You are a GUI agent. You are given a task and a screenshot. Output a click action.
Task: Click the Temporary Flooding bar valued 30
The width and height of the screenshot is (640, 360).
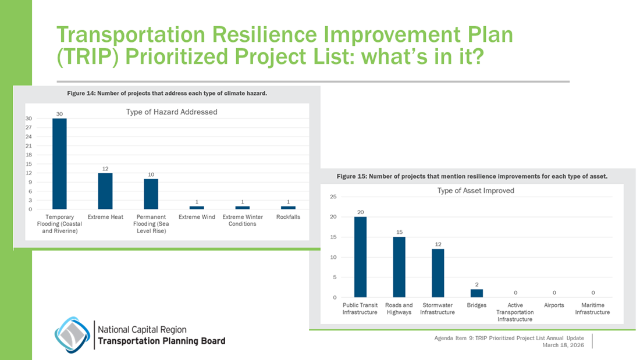(59, 163)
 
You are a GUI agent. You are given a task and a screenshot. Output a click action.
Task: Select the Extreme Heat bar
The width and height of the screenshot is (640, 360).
(105, 191)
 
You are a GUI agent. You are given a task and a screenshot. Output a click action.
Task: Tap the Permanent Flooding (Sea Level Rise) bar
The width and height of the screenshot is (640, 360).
(151, 194)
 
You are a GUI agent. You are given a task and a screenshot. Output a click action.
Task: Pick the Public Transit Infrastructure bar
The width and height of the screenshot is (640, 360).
(360, 257)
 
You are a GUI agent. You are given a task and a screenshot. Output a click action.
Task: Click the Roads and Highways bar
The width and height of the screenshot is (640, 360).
(399, 267)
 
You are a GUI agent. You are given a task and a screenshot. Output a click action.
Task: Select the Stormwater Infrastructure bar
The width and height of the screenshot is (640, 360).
(438, 273)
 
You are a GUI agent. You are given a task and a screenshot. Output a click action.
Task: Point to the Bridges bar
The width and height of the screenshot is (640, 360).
(477, 293)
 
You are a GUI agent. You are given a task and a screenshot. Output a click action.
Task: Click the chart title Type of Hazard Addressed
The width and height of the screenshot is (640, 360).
(172, 112)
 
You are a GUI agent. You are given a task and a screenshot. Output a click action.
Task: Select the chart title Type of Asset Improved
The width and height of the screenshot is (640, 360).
(475, 190)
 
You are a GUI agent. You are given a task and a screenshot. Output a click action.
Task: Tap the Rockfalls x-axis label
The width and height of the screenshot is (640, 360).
(288, 217)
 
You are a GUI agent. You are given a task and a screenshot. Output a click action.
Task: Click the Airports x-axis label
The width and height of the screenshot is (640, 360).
(554, 305)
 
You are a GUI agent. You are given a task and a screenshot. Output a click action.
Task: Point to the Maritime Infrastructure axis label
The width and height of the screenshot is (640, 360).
(592, 308)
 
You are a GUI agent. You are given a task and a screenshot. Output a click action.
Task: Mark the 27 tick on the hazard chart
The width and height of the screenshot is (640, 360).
(29, 127)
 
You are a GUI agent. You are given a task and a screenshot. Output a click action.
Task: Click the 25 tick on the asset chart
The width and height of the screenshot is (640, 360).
(333, 197)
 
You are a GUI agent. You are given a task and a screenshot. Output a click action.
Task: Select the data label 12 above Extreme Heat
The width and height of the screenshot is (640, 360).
(105, 168)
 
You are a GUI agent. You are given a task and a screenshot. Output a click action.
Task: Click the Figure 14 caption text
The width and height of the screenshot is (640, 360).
(167, 93)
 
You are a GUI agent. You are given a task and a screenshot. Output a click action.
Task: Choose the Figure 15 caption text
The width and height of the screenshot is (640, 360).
(472, 176)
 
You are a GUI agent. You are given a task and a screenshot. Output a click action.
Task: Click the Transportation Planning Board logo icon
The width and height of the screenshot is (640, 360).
(72, 334)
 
